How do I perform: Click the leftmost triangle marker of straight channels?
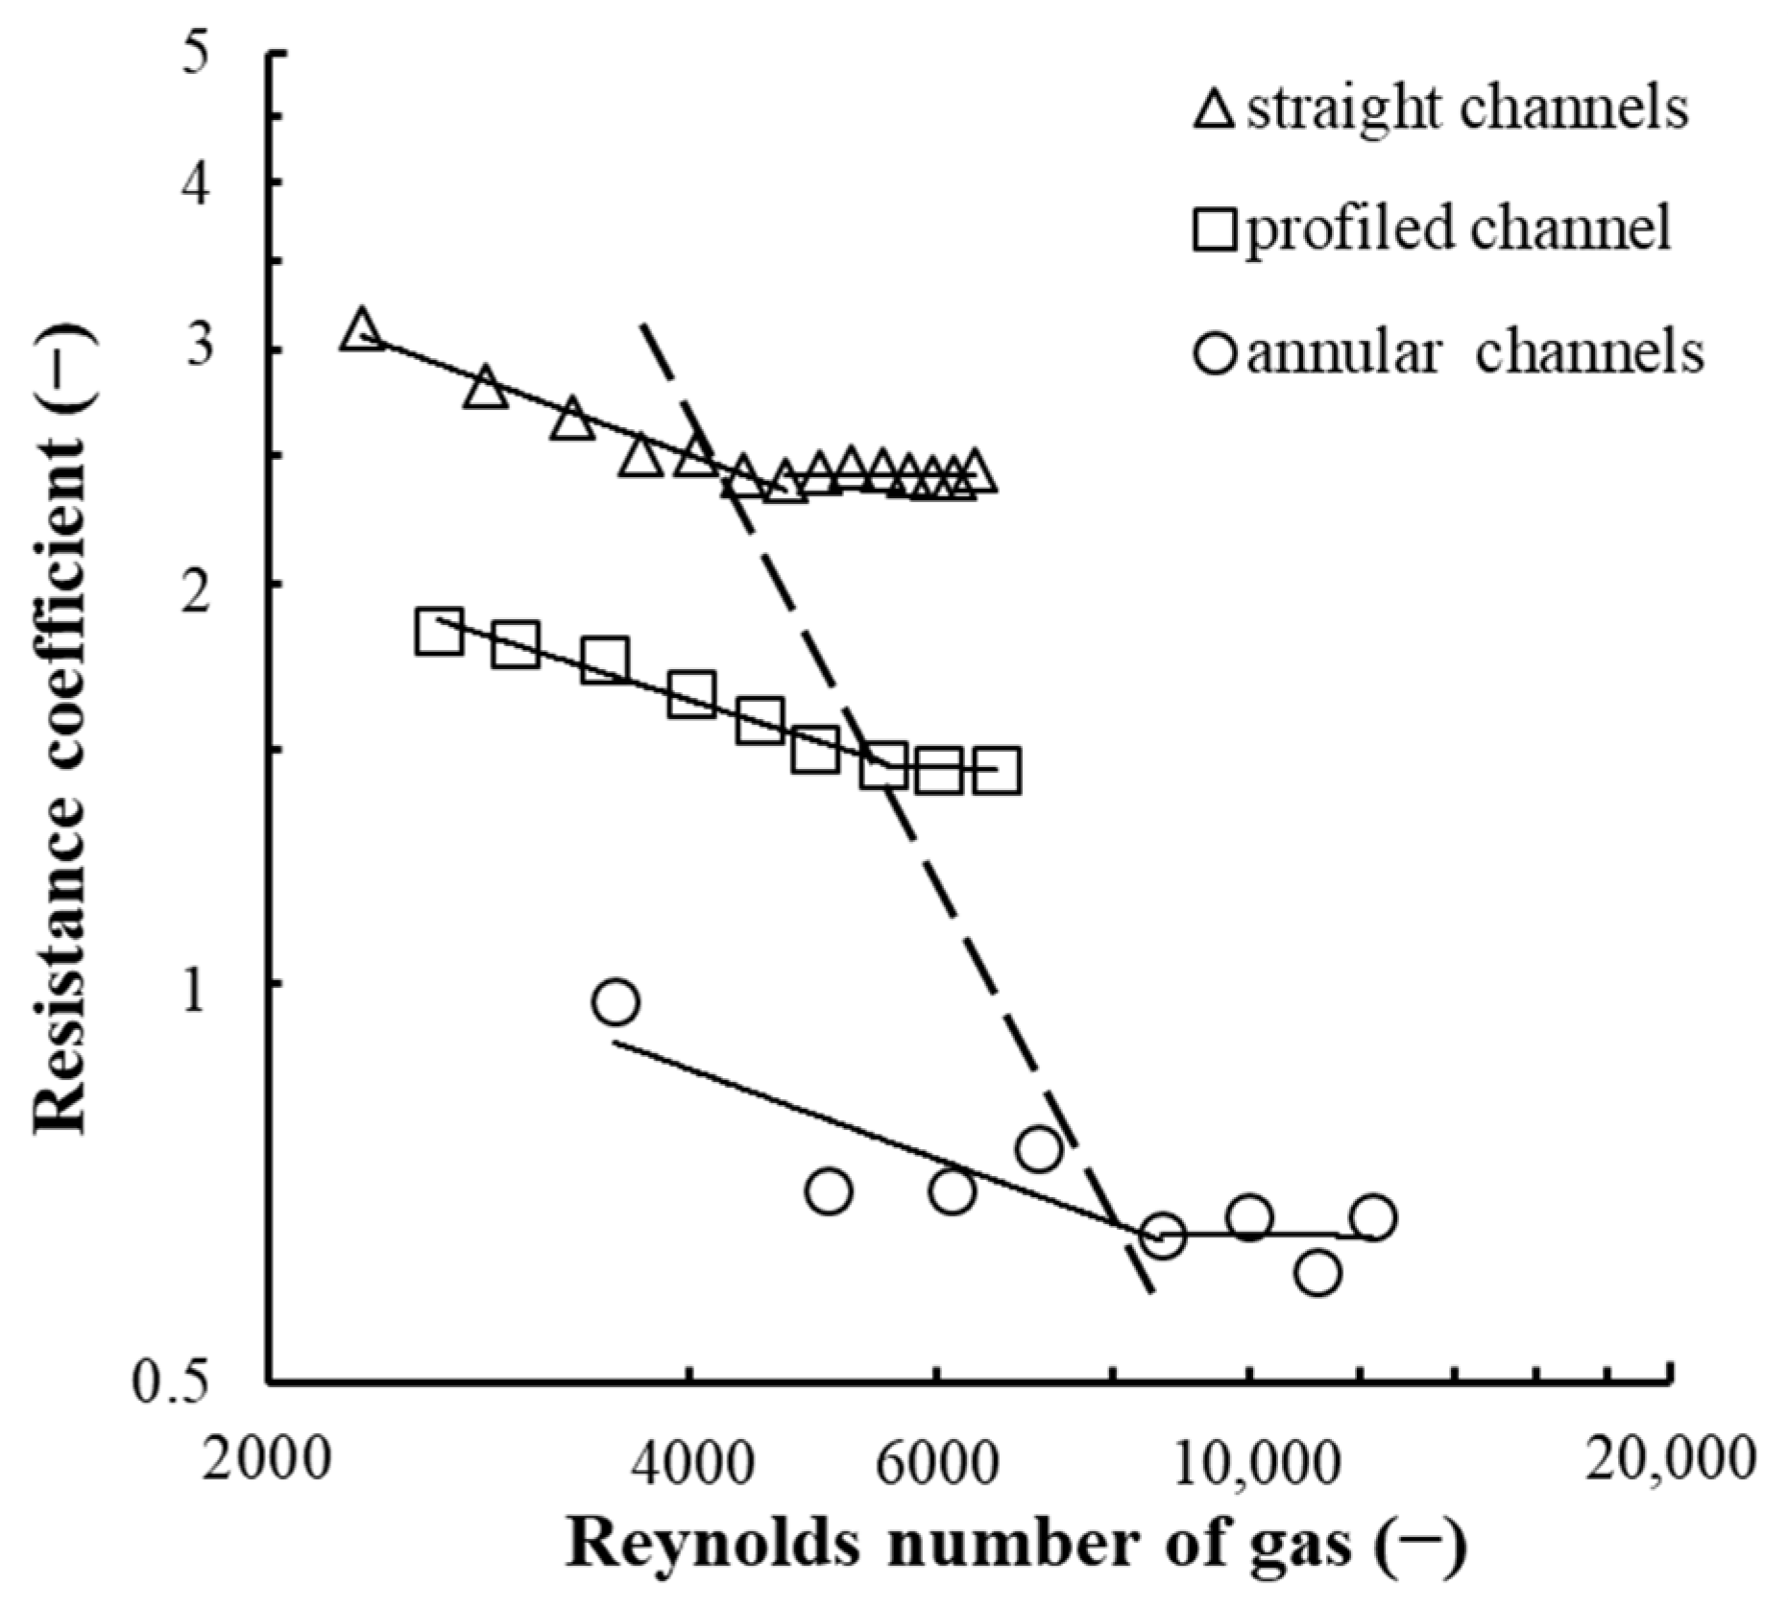[x=362, y=330]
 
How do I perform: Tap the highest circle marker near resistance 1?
[x=616, y=1002]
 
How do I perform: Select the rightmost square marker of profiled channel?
[x=997, y=770]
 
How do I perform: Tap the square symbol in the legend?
[x=1215, y=231]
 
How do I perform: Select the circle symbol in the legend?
[x=1215, y=353]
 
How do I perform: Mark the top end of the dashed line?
[x=642, y=324]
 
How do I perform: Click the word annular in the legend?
[x=1344, y=353]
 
